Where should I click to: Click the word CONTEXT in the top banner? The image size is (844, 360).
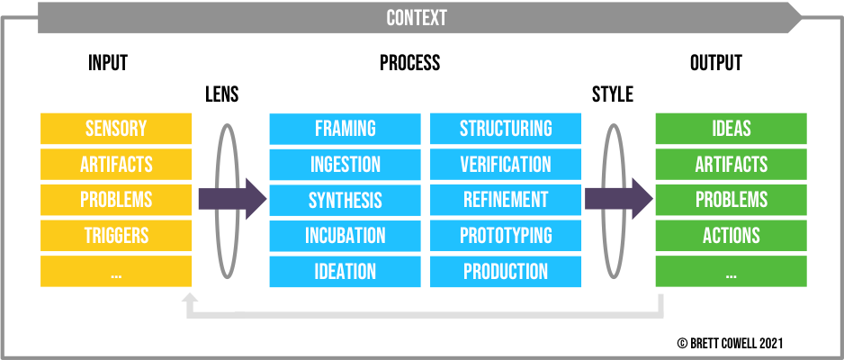tap(417, 18)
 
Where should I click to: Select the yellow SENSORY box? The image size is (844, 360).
tap(116, 129)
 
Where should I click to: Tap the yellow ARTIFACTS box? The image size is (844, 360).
tap(116, 165)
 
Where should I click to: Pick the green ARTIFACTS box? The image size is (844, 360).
tap(731, 165)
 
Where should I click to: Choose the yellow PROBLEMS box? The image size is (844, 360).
tap(116, 200)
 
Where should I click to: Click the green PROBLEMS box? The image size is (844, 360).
tap(731, 200)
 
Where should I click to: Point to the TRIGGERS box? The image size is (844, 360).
tap(116, 236)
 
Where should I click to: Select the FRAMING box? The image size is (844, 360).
tap(345, 129)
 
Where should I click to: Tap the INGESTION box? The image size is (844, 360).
tap(345, 165)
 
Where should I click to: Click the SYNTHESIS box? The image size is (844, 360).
tap(345, 200)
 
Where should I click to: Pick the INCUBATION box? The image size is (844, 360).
tap(345, 236)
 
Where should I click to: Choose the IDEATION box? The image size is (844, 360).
tap(345, 271)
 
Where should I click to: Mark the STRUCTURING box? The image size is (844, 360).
tap(506, 129)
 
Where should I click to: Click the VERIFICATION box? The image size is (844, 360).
tap(506, 165)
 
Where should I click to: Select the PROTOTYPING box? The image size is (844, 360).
tap(506, 236)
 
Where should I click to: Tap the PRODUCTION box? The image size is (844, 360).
tap(506, 271)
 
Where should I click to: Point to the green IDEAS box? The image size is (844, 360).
tap(731, 129)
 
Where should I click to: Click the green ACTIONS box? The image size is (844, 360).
tap(731, 236)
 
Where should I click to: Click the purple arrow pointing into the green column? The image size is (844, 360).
tap(620, 199)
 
